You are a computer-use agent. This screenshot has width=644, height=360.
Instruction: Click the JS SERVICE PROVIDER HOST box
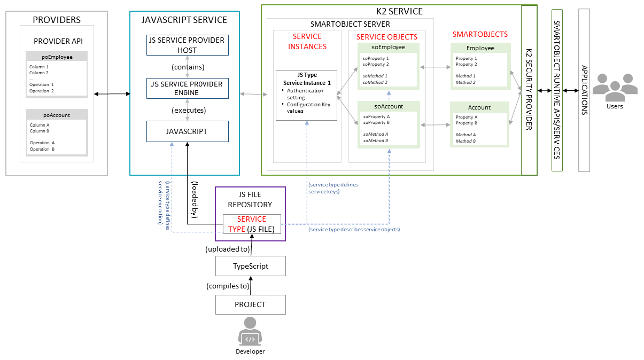188,45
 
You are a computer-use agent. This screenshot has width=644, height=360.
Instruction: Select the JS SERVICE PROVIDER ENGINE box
188,88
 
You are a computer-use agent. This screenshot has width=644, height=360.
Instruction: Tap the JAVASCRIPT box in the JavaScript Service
188,131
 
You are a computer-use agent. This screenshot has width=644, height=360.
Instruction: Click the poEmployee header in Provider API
57,57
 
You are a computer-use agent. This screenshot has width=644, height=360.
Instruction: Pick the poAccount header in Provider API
57,115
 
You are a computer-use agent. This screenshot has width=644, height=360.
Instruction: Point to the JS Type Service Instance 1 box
306,95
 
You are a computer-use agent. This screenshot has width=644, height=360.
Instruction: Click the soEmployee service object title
388,48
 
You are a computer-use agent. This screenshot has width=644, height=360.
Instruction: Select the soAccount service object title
388,106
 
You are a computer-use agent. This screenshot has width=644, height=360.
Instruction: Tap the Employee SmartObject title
480,48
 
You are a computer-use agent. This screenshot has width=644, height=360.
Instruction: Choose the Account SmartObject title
479,107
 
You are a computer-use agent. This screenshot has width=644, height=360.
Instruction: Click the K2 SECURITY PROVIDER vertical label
529,90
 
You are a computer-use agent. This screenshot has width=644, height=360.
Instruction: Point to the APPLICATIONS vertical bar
584,90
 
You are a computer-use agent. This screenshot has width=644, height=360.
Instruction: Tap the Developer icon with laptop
250,332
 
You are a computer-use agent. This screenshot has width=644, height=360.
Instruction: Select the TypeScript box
250,266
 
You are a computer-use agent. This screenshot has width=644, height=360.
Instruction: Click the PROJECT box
250,304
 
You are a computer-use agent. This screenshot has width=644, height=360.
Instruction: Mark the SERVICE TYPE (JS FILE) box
252,224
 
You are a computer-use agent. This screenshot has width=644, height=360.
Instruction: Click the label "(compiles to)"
227,286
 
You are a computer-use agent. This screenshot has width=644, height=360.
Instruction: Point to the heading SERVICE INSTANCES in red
307,41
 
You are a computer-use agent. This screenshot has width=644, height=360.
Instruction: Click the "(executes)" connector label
188,110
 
